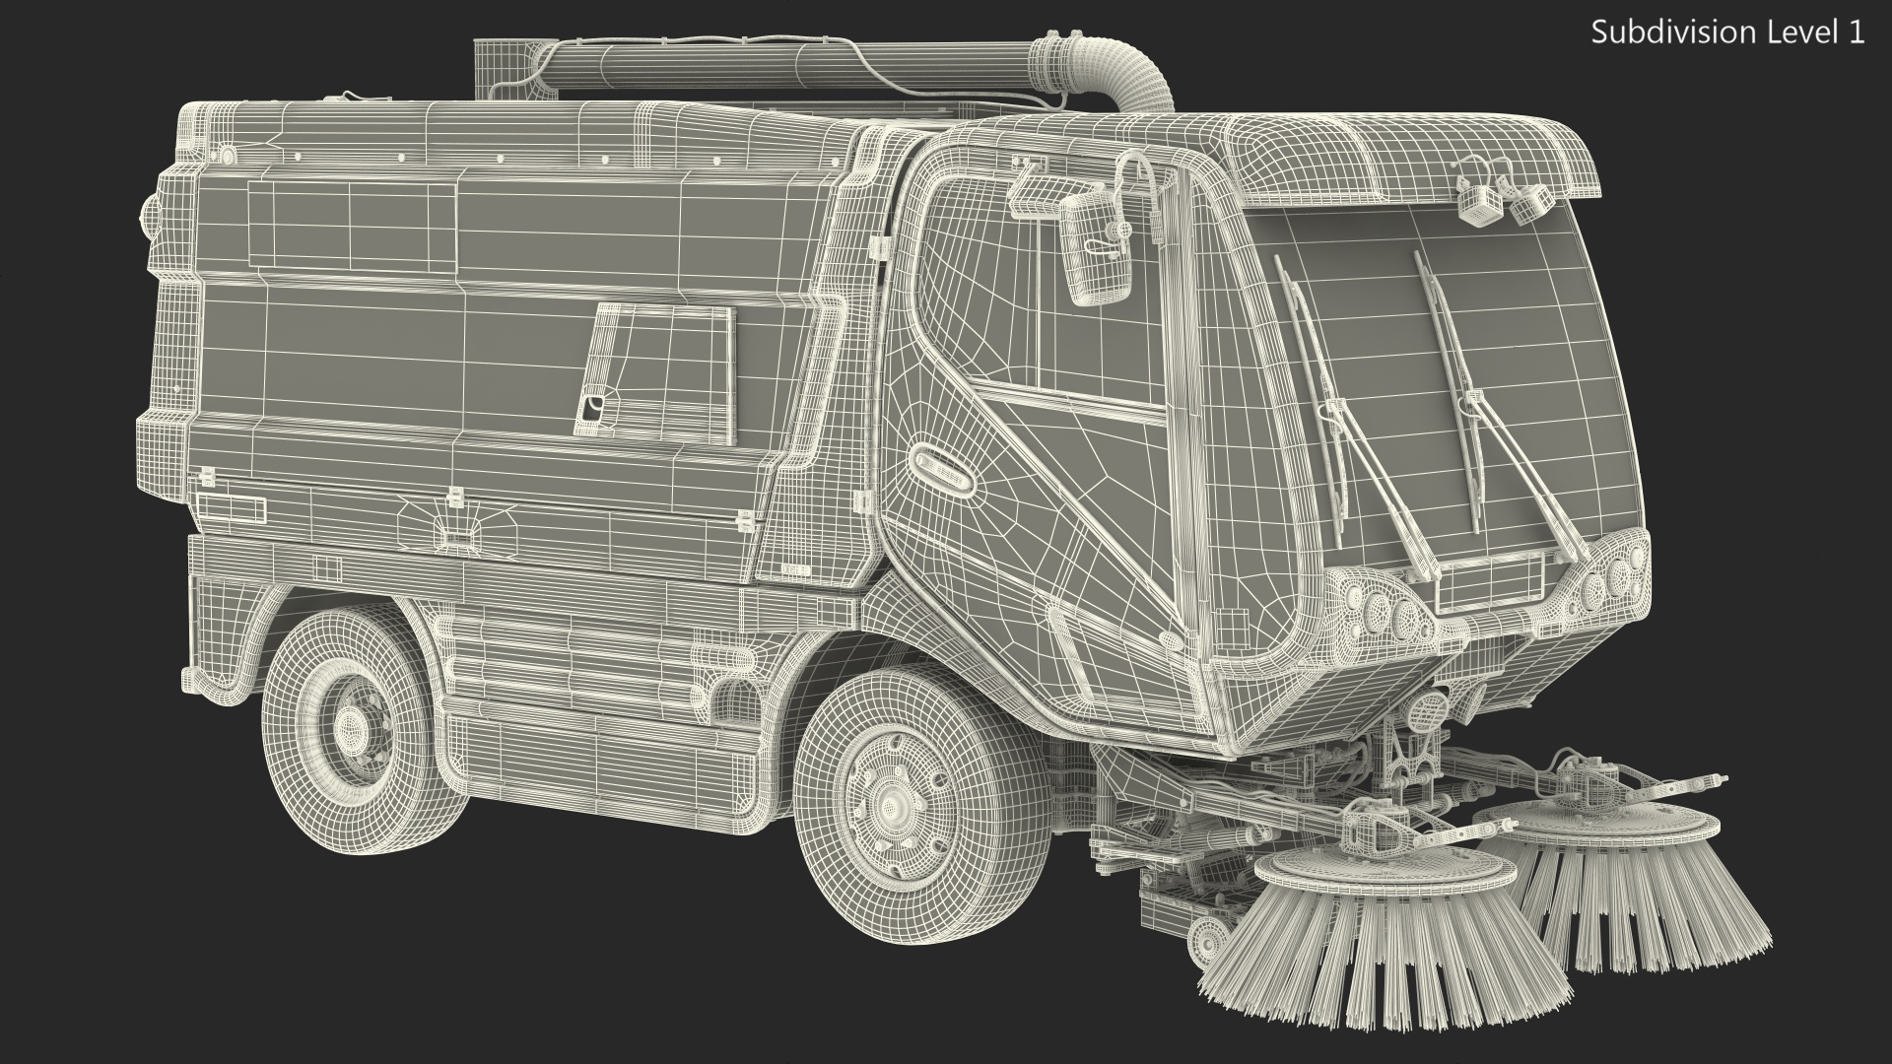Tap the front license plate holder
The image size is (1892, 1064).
(1489, 582)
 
